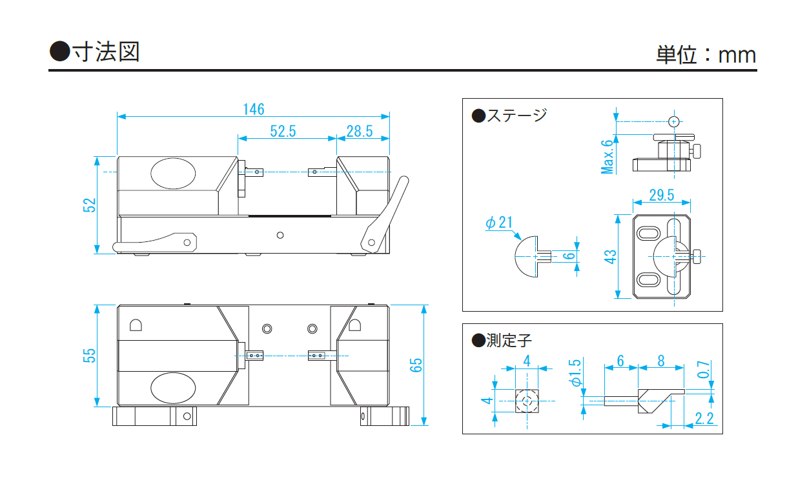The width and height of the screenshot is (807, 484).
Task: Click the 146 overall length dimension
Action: click(x=254, y=109)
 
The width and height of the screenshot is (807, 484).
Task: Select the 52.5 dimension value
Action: click(x=283, y=131)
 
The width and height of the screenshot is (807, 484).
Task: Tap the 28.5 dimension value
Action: click(x=360, y=131)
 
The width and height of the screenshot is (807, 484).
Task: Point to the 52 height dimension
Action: click(x=90, y=205)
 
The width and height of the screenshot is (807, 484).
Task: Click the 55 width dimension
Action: click(x=90, y=356)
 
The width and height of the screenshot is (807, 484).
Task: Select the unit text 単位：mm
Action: click(x=706, y=55)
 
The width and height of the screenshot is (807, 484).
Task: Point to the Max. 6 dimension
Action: click(x=607, y=157)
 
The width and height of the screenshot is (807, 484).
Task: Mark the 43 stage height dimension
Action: click(x=611, y=256)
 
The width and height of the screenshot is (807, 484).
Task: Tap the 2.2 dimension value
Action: click(x=704, y=418)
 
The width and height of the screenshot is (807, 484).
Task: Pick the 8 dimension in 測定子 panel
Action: click(x=661, y=361)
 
